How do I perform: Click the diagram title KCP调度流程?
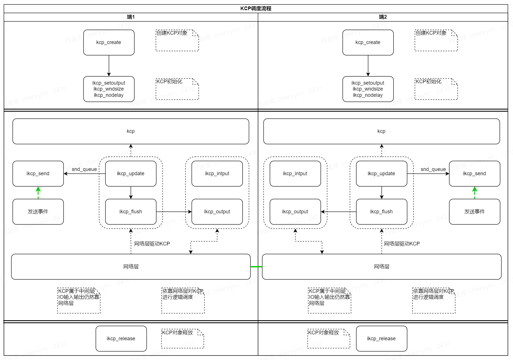(x=256, y=8)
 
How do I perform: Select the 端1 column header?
(x=131, y=17)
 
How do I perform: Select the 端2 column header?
(x=383, y=17)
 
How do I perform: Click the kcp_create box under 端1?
(x=109, y=42)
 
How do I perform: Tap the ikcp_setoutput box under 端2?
(x=368, y=89)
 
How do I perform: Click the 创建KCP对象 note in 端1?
(x=177, y=40)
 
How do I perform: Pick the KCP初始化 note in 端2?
(x=436, y=89)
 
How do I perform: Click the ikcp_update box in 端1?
(x=130, y=174)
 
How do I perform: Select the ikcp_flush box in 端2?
(x=381, y=212)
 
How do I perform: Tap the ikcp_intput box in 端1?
(x=217, y=174)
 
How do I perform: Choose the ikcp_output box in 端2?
(x=295, y=212)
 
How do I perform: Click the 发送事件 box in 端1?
(x=38, y=212)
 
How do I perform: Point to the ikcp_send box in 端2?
(x=474, y=174)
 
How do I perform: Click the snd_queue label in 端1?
(x=84, y=169)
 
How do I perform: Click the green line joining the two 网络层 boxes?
(x=256, y=267)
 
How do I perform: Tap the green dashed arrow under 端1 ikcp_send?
(x=38, y=193)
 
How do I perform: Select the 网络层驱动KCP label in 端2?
(x=402, y=243)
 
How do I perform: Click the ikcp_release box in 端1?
(x=121, y=339)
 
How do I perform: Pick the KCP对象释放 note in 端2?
(x=328, y=338)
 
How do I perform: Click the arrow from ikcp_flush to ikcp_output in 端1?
(x=174, y=212)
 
